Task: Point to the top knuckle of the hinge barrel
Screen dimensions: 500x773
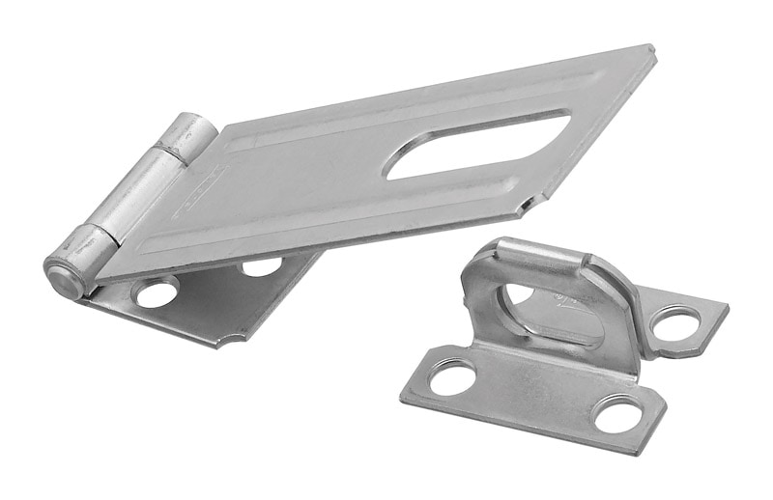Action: (x=186, y=135)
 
